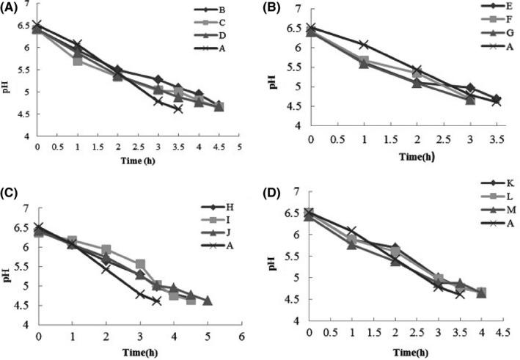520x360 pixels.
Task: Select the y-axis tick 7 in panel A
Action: click(27, 4)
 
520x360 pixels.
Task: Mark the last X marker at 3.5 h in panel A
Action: click(177, 109)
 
